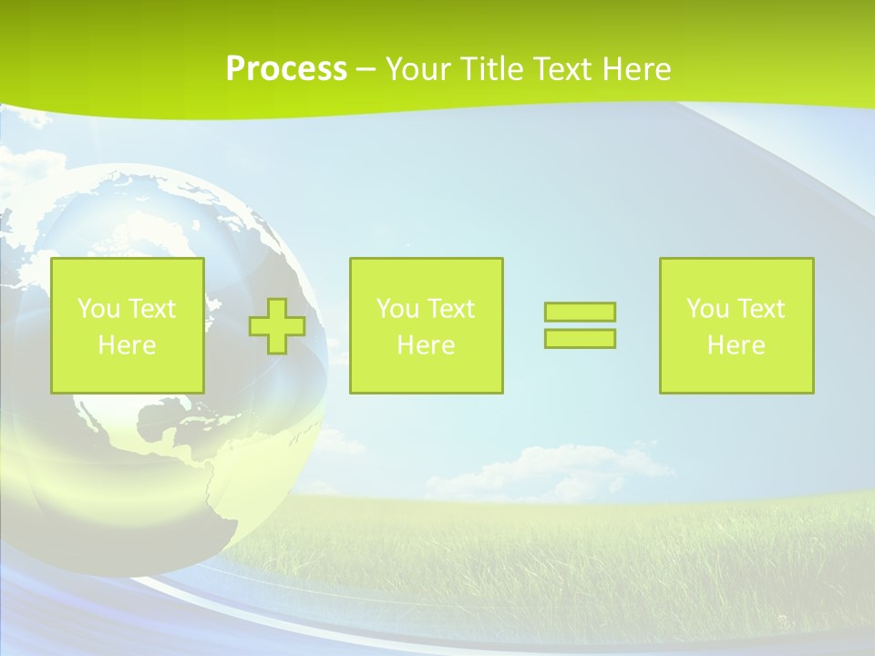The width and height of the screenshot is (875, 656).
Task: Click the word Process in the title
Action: point(286,69)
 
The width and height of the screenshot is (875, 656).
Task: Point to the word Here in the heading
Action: point(635,69)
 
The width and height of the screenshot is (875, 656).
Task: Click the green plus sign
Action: point(277,326)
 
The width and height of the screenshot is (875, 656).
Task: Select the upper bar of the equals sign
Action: point(580,313)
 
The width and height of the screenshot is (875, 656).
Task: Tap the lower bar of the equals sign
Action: point(580,338)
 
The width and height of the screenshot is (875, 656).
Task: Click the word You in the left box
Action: point(98,309)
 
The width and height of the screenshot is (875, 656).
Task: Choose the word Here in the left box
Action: point(127,345)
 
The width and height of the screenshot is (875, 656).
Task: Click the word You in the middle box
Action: point(397,309)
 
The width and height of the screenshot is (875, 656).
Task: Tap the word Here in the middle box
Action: point(426,345)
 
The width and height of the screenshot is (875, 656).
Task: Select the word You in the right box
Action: point(707,309)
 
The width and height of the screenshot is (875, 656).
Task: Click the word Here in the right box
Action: point(736,345)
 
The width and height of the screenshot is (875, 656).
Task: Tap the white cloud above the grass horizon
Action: point(547,469)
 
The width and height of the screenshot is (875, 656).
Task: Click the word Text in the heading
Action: point(564,69)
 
